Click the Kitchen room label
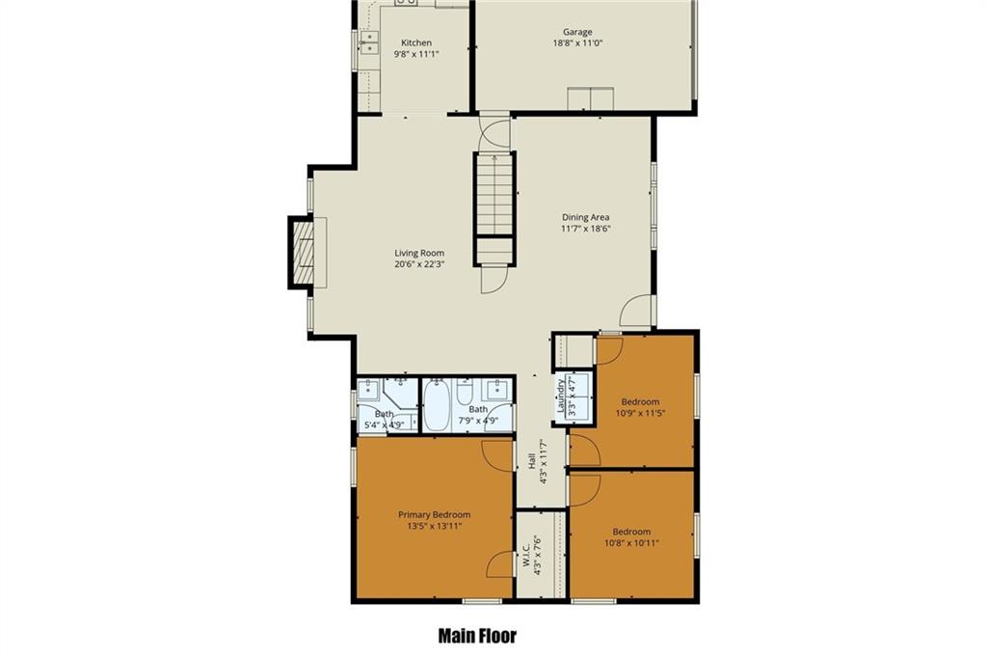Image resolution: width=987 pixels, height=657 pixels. coord(416,42)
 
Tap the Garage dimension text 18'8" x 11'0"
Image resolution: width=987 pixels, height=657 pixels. coord(577,43)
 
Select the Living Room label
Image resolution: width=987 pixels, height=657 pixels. coord(419,253)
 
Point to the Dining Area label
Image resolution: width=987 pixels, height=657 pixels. coord(585,217)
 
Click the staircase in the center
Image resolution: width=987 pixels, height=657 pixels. coord(494,207)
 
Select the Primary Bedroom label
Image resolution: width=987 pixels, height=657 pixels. coord(435,514)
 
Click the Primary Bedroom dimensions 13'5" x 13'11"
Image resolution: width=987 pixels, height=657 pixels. coord(435,526)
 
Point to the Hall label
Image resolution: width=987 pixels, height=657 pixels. coord(532,461)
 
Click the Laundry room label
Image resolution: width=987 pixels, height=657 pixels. coord(560,396)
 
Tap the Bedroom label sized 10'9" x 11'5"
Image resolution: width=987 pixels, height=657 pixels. coord(640,402)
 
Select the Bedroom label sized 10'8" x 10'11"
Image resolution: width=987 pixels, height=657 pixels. coord(631,531)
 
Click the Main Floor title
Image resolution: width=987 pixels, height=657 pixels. coord(477,636)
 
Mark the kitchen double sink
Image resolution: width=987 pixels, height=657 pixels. coord(369,42)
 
